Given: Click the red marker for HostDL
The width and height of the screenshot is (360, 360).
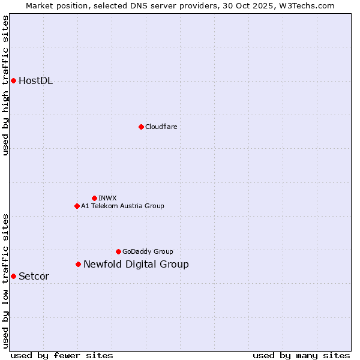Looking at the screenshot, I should pyautogui.click(x=13, y=80).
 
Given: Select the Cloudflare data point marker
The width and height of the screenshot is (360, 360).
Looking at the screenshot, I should pyautogui.click(x=141, y=127).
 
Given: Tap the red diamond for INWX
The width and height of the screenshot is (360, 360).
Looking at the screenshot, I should pyautogui.click(x=94, y=198).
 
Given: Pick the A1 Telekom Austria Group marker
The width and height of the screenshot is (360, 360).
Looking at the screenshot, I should pyautogui.click(x=77, y=206).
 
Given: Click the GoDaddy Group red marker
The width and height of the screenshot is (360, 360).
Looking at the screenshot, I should pyautogui.click(x=118, y=251).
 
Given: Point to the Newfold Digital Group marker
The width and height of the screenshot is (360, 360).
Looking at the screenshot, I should pyautogui.click(x=78, y=264).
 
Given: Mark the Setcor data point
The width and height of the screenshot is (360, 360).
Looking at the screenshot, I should pyautogui.click(x=13, y=276).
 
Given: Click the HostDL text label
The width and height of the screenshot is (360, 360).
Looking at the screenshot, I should pyautogui.click(x=36, y=81).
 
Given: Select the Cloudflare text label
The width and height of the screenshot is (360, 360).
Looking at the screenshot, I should pyautogui.click(x=161, y=127).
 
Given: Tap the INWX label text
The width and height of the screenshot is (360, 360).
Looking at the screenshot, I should pyautogui.click(x=107, y=198).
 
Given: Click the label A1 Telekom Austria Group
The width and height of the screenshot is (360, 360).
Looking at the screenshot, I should pyautogui.click(x=122, y=206).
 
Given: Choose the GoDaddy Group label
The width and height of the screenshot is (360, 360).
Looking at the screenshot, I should pyautogui.click(x=148, y=251).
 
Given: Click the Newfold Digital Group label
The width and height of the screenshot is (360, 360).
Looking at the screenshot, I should pyautogui.click(x=136, y=265).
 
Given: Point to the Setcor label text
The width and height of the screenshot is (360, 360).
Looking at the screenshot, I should pyautogui.click(x=34, y=277).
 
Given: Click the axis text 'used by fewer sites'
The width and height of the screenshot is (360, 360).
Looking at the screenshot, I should pyautogui.click(x=62, y=355).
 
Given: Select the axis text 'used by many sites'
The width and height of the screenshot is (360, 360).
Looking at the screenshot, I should pyautogui.click(x=301, y=355).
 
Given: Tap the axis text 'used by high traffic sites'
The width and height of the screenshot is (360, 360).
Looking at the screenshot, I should pyautogui.click(x=6, y=85).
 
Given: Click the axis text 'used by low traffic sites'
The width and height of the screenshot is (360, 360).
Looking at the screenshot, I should pyautogui.click(x=6, y=281).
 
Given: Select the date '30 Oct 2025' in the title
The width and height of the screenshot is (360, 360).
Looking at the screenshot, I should pyautogui.click(x=253, y=5).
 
